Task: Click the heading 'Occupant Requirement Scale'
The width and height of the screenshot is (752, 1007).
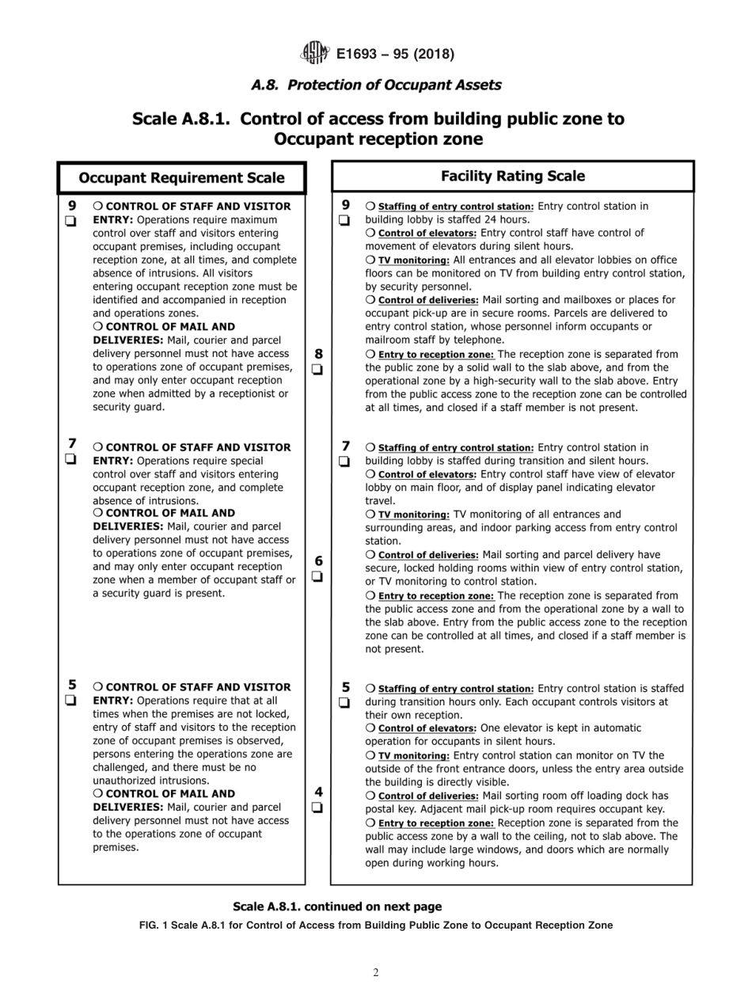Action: [181, 178]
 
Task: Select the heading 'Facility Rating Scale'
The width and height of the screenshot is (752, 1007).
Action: [512, 176]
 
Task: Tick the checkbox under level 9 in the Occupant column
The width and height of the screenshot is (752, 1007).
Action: [71, 221]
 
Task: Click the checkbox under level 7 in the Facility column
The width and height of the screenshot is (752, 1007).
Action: [345, 461]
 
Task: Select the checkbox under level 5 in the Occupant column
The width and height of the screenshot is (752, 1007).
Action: [71, 701]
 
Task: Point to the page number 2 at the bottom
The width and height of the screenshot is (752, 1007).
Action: [376, 973]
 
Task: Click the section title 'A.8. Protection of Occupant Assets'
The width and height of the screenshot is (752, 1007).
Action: [376, 84]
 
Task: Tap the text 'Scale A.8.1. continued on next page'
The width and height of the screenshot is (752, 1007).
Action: [337, 906]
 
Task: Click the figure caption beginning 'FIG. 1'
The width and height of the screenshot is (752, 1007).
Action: [376, 925]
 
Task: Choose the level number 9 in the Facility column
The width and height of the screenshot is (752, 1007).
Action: [345, 204]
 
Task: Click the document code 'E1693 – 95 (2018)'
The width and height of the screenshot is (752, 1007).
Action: [395, 54]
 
